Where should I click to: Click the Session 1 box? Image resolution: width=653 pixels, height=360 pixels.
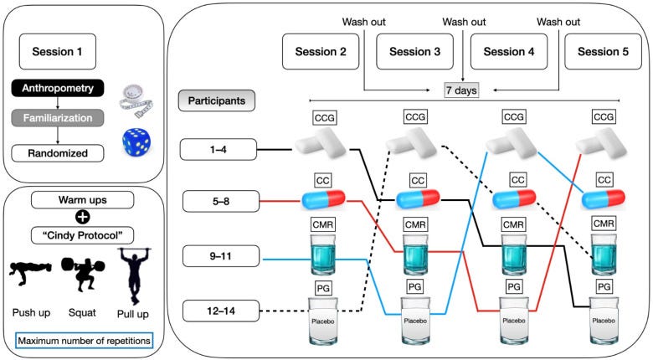click(58, 52)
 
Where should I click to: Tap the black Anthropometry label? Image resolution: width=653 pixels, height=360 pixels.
click(58, 89)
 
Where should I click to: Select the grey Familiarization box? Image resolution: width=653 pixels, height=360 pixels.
click(58, 118)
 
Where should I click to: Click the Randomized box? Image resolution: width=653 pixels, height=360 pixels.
click(58, 153)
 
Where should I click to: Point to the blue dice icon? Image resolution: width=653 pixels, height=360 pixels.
click(136, 142)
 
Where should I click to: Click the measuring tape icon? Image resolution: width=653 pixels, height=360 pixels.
click(136, 100)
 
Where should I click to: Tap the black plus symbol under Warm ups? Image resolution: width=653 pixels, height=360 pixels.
click(82, 217)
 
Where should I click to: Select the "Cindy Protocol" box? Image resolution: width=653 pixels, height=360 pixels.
click(82, 235)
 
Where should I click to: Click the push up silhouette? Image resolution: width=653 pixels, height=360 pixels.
click(30, 273)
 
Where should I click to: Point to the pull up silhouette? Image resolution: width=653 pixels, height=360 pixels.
click(134, 275)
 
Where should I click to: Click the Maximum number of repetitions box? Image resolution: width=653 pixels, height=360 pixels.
click(85, 341)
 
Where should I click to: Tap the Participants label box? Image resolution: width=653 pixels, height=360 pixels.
click(217, 100)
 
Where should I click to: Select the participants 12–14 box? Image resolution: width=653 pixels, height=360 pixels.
click(221, 311)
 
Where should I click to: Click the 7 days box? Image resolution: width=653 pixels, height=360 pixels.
click(461, 90)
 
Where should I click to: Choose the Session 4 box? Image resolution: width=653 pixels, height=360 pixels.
click(509, 52)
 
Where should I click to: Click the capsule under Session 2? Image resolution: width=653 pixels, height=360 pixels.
click(323, 199)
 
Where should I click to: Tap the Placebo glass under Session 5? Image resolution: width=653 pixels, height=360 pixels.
click(604, 321)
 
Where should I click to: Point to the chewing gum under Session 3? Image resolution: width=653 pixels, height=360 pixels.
click(411, 142)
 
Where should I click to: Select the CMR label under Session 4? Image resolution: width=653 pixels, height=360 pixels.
click(513, 225)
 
